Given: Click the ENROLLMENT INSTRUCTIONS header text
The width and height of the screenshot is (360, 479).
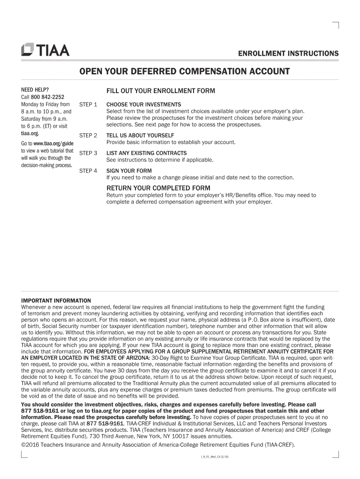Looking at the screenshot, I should (288, 54).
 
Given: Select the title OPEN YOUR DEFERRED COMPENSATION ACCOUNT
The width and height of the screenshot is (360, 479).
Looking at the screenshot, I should (184, 72).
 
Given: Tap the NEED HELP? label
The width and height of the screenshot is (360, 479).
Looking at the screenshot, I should (35, 89).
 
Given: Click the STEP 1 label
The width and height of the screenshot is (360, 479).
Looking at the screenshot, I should (88, 104).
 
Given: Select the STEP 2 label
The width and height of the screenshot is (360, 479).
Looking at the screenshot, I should (88, 136).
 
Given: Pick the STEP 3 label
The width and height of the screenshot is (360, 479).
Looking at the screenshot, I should (88, 153).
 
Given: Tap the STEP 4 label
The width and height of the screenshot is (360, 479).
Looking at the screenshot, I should (88, 171).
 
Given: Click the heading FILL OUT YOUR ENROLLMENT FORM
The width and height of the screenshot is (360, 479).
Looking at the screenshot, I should (160, 91).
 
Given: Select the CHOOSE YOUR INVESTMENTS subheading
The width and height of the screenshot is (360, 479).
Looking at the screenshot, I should (144, 104).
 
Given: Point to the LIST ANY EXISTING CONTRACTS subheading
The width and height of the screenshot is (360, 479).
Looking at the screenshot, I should (146, 153).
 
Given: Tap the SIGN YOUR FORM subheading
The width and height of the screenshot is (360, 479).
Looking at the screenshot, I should (129, 171).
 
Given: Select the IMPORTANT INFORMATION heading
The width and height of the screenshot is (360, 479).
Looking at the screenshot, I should (56, 300).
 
